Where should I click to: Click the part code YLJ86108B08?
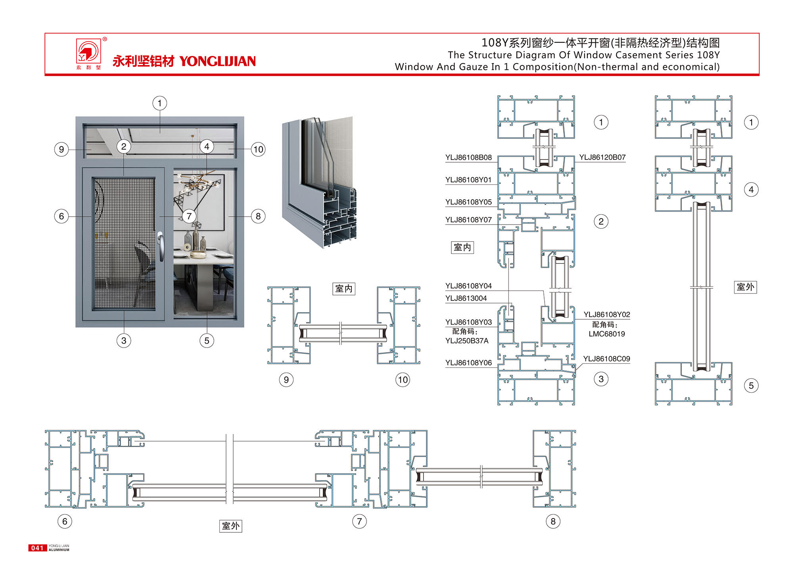468,157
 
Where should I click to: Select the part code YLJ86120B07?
602,157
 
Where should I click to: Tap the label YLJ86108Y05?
468,202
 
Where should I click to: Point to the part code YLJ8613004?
466,298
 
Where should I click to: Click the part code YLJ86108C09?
606,359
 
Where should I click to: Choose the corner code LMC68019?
606,334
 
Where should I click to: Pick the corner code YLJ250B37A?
467,341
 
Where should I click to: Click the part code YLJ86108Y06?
468,363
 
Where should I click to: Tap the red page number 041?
37,548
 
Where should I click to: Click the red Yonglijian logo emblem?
88,52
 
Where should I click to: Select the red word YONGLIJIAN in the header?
217,61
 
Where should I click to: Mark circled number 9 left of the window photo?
61,150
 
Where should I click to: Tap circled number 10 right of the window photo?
258,150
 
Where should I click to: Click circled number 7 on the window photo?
189,216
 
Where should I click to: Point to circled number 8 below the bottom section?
553,521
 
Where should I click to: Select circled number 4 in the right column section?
751,190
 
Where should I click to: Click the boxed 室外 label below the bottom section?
230,526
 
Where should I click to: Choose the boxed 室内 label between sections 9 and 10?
343,288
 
